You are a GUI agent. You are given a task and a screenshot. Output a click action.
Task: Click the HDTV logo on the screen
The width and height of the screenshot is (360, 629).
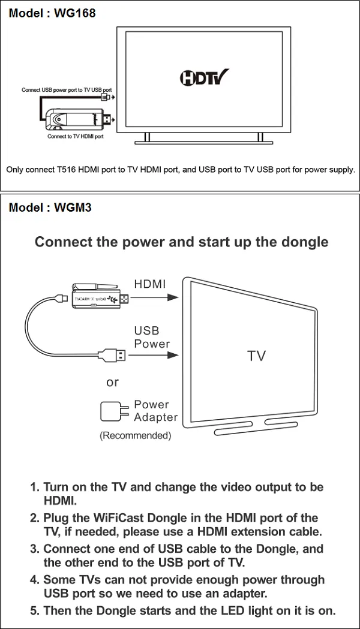204,78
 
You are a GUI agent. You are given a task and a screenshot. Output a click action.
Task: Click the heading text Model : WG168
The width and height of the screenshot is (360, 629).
52,13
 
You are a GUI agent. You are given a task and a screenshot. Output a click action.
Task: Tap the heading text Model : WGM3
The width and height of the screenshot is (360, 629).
50,208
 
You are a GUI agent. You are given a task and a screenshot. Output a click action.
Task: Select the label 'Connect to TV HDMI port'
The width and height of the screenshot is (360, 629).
76,136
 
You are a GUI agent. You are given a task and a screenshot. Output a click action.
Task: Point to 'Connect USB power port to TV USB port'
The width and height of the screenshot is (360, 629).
66,90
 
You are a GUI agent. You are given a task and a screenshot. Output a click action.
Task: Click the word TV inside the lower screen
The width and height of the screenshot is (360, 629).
256,356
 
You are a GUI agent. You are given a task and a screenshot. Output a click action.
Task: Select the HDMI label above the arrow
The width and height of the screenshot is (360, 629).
150,284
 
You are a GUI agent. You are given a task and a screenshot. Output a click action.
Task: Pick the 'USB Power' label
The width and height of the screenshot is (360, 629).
151,337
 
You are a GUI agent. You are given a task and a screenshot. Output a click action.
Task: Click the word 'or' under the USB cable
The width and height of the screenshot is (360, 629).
112,382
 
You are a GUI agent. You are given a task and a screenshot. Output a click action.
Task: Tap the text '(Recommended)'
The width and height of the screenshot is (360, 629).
135,436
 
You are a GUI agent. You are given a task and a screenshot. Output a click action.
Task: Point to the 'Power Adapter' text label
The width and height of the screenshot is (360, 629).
155,411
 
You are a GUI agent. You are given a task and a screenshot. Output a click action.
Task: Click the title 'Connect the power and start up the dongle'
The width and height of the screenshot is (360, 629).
181,242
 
